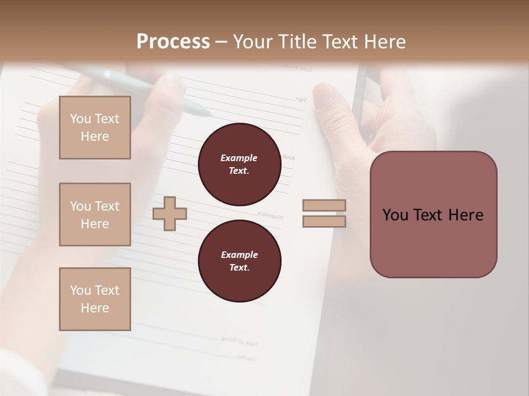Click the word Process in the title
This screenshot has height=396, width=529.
173,41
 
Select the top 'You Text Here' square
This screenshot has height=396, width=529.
95,128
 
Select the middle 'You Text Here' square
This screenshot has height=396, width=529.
95,215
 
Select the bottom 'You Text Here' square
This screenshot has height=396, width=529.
95,299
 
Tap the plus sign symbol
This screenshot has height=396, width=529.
170,214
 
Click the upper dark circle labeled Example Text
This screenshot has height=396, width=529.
239,164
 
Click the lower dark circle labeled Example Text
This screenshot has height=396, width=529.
239,261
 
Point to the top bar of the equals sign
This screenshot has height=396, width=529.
325,206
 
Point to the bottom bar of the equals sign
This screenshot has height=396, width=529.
325,221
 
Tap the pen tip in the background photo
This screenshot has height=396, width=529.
208,114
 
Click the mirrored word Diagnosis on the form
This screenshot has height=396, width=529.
270,216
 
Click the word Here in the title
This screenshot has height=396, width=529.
384,41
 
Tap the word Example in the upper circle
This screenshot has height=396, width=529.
239,158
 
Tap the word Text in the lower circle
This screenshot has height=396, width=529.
239,268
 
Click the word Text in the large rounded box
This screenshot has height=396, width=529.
429,215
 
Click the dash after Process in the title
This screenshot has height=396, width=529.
222,42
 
